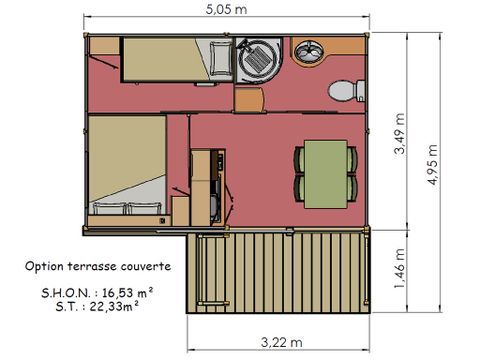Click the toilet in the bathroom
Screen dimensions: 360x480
coord(343,91)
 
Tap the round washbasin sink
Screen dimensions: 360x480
coord(310,50)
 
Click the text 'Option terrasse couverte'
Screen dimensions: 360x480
coord(98,268)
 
